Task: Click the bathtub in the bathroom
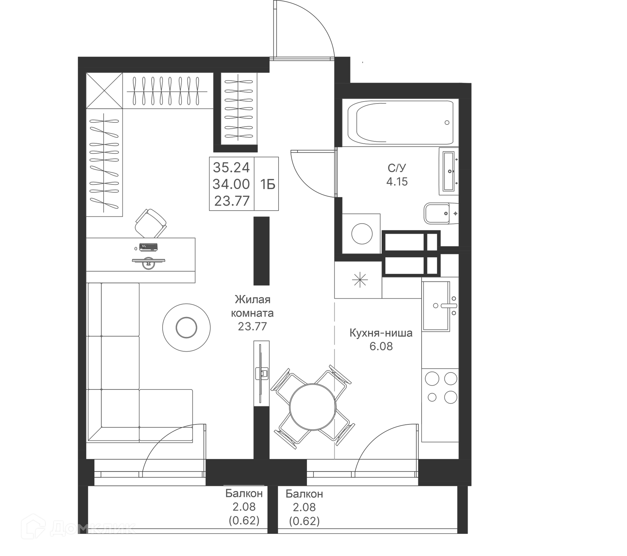(x=400, y=123)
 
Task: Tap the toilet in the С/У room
(x=441, y=214)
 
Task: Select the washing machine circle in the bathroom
(x=362, y=233)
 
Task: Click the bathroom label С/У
(x=397, y=168)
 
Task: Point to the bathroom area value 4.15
(x=397, y=182)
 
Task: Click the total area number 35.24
(x=231, y=167)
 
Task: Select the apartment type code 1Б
(x=268, y=185)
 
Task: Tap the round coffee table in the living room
(x=186, y=327)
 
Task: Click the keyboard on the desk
(x=149, y=247)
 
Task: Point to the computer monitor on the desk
(x=149, y=263)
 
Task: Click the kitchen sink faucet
(x=448, y=306)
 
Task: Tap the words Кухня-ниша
(x=381, y=333)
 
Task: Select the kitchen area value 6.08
(x=381, y=346)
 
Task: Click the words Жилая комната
(x=252, y=306)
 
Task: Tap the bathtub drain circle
(x=447, y=123)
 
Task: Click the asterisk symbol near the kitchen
(x=360, y=280)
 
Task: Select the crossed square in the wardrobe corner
(x=104, y=90)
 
